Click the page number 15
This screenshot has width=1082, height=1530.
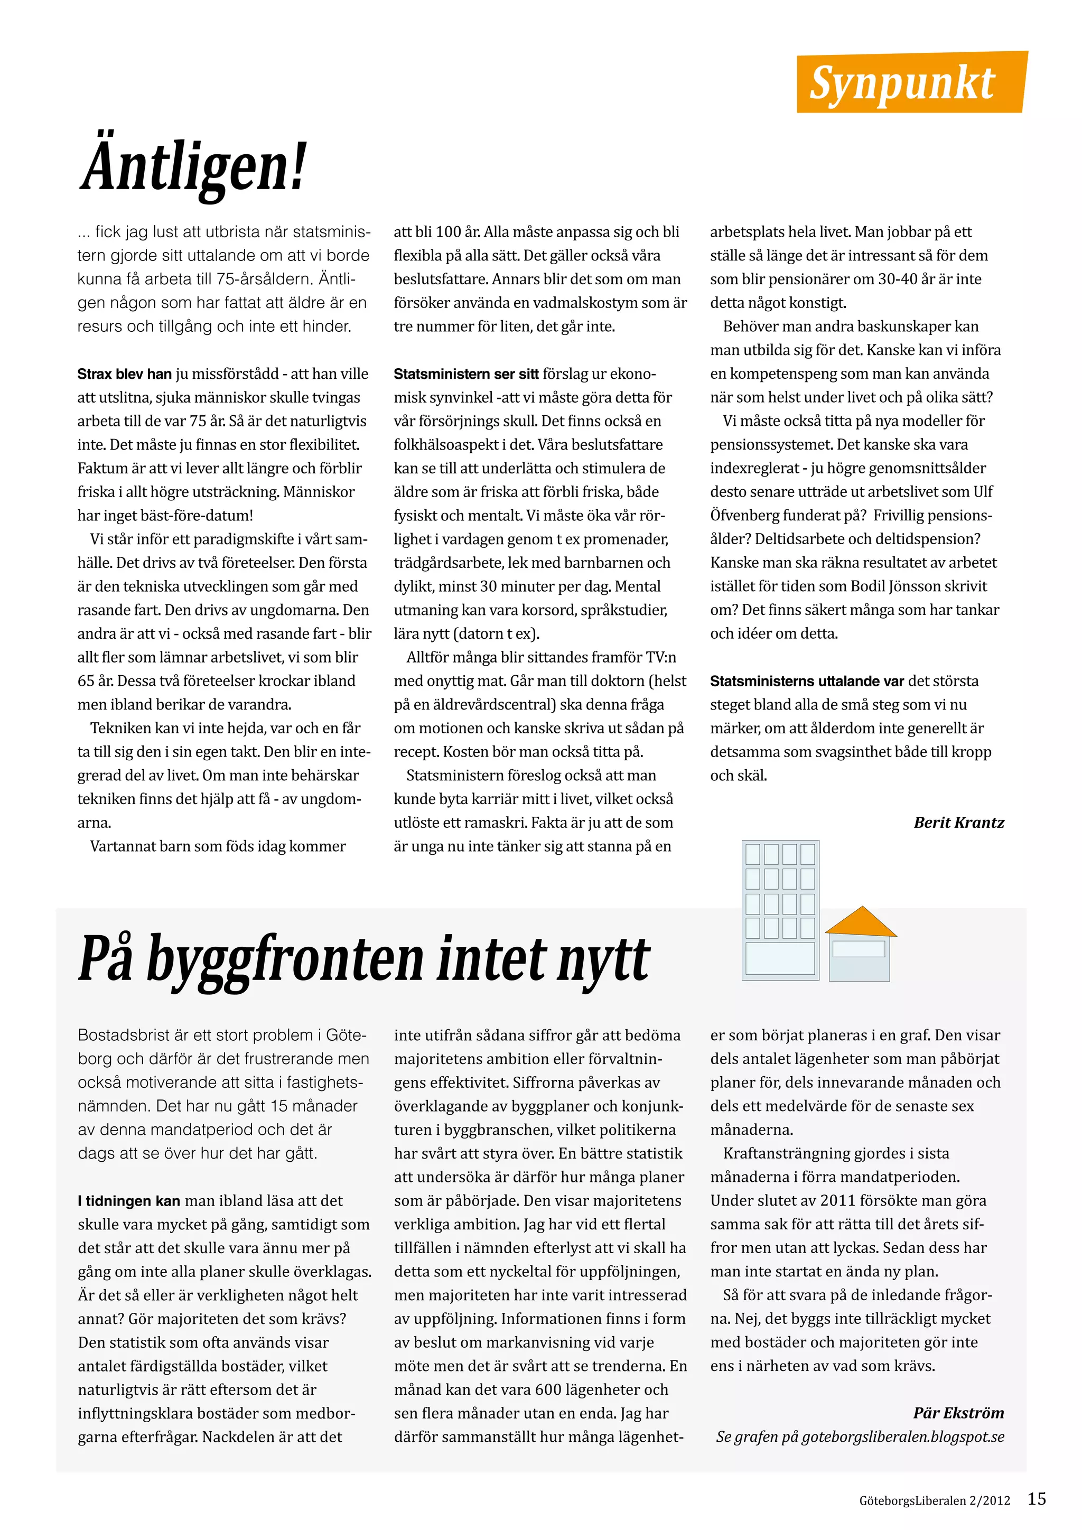pos(1037,1500)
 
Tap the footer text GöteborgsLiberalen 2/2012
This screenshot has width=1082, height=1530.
pos(934,1501)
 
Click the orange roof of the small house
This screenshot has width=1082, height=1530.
pos(861,921)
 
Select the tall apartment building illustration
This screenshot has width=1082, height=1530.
pos(780,910)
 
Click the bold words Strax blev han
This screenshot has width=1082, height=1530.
pos(125,374)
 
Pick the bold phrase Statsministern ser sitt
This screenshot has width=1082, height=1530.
pos(465,374)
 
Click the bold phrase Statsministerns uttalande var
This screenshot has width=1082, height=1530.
pos(806,681)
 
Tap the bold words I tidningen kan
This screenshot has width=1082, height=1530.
pos(128,1201)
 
